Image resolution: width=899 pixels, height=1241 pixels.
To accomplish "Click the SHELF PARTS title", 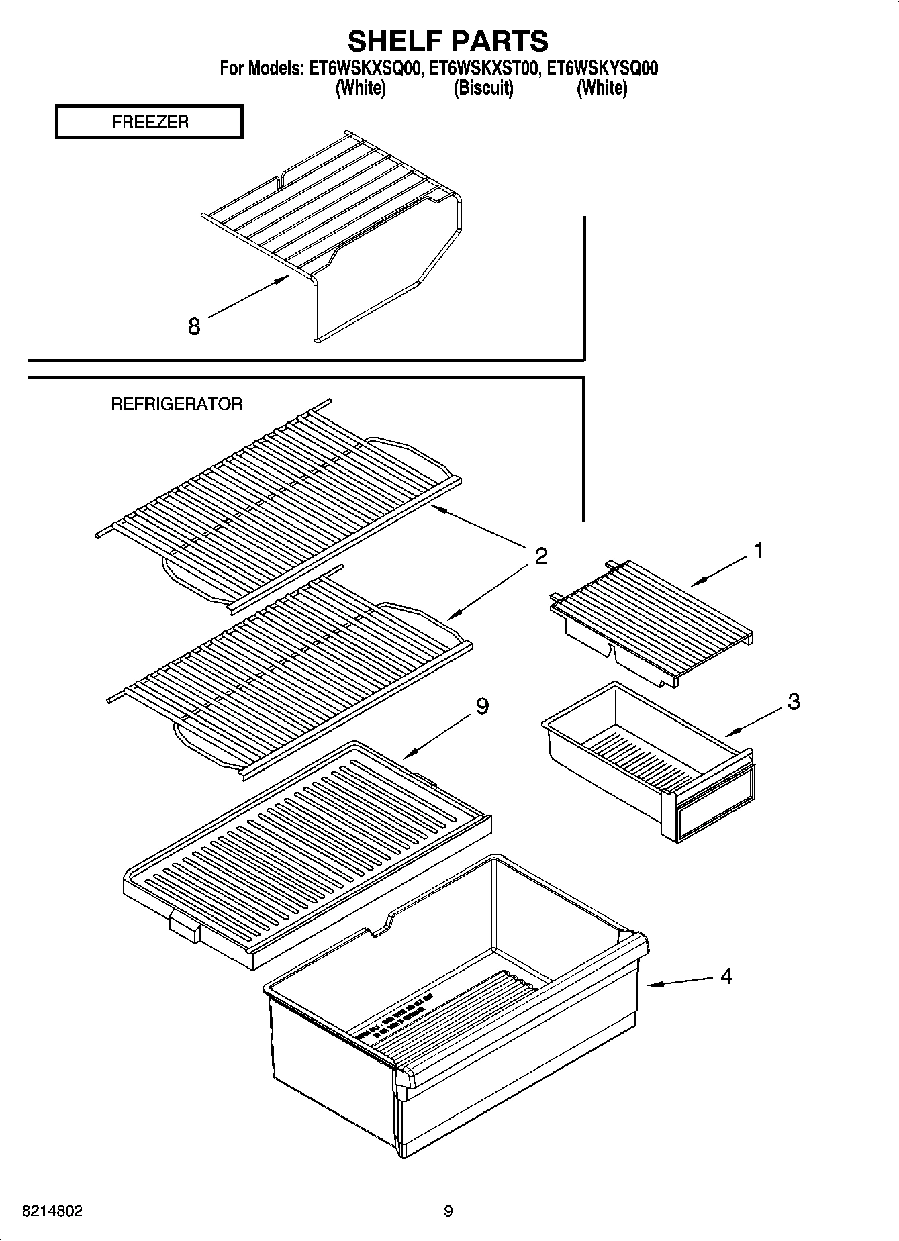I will (448, 41).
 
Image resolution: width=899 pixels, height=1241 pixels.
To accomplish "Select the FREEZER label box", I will (149, 122).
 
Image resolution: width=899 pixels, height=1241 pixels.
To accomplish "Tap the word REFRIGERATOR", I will (176, 404).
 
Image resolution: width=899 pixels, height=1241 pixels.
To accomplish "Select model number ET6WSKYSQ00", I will (602, 68).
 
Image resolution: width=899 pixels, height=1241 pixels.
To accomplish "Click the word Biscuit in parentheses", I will (483, 88).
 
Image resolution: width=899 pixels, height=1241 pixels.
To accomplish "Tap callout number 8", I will (194, 327).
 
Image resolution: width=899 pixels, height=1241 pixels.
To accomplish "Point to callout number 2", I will (541, 556).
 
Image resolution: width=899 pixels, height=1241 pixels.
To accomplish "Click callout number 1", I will (758, 551).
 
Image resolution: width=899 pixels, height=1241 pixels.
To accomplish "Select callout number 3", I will (794, 702).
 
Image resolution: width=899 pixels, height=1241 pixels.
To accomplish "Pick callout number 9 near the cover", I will (482, 706).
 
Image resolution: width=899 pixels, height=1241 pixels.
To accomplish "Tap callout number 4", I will (726, 976).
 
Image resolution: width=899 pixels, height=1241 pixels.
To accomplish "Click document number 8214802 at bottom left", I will (53, 1211).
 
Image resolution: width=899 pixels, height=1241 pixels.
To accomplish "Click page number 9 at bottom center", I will (448, 1211).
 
